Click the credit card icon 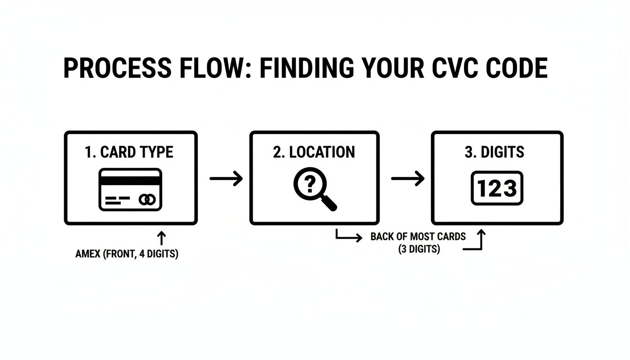(x=130, y=189)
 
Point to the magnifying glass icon (x=315, y=189)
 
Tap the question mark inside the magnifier (x=309, y=184)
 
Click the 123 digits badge (x=496, y=188)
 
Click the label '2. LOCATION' (x=314, y=152)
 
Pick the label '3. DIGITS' (x=495, y=152)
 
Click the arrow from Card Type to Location (x=226, y=178)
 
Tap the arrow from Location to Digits (x=407, y=178)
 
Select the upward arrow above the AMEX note (x=162, y=238)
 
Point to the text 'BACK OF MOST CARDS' (x=418, y=236)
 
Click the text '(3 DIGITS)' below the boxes (x=419, y=249)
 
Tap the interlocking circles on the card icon (x=148, y=200)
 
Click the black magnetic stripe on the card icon (x=130, y=180)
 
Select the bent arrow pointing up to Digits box (x=477, y=241)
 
